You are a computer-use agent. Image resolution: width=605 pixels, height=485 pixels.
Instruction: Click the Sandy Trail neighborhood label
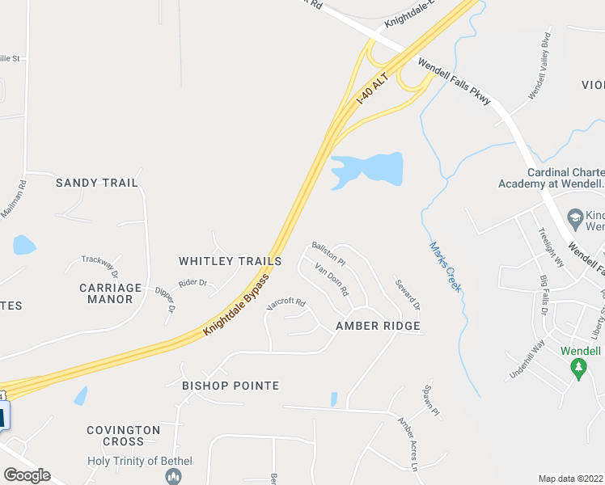point(97,183)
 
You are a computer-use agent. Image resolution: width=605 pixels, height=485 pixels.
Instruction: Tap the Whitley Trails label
point(231,261)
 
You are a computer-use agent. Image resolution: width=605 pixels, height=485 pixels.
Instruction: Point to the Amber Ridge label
point(378,326)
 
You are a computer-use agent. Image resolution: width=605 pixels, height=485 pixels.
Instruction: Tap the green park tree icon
point(577,369)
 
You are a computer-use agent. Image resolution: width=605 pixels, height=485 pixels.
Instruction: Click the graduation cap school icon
point(574,217)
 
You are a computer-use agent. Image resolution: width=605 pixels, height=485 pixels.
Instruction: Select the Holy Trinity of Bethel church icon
point(172,477)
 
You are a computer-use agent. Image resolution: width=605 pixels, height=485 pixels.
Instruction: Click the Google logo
point(27,474)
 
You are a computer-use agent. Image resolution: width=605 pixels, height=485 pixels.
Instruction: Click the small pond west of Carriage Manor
point(24,244)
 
